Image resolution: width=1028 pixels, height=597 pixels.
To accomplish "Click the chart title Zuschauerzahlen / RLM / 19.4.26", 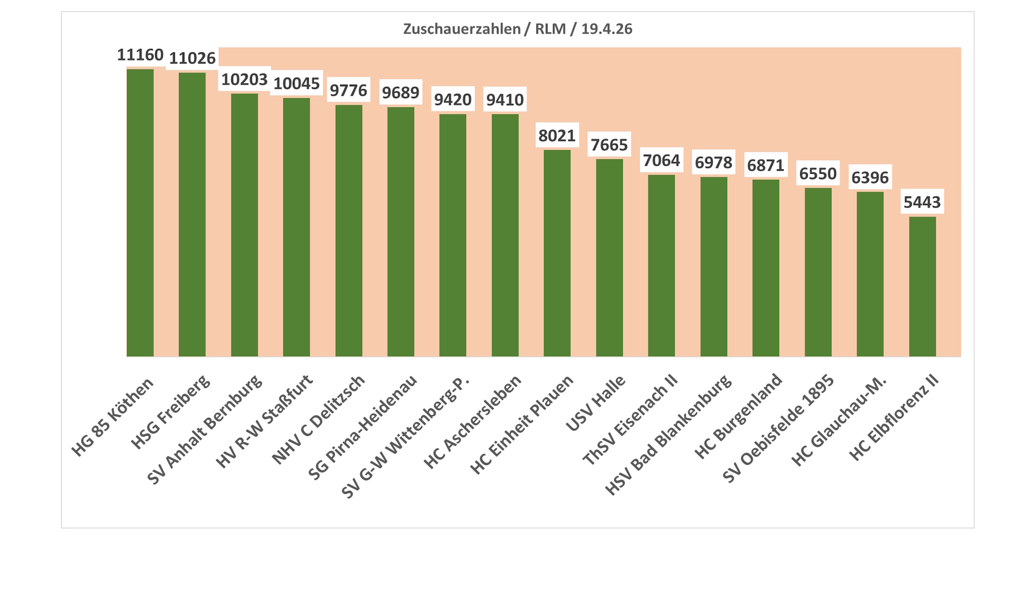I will point(517,29).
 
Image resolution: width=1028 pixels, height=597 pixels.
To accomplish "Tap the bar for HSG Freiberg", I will point(192,215).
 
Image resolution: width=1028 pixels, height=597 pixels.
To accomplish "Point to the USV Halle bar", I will point(609,257).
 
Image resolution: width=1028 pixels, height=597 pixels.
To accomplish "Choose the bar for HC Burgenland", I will point(765,268).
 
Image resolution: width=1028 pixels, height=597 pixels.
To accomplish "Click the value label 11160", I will point(140,55).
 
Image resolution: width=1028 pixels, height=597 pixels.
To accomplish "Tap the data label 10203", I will point(244,80).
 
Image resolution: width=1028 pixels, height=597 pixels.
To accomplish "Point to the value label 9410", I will point(505,100).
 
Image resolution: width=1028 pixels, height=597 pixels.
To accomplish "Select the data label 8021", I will point(557,136).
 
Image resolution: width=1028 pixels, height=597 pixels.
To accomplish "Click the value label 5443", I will point(922,203).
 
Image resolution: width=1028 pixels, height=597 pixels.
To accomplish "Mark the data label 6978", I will point(714,163).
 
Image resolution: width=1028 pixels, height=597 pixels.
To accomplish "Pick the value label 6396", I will point(870,178).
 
